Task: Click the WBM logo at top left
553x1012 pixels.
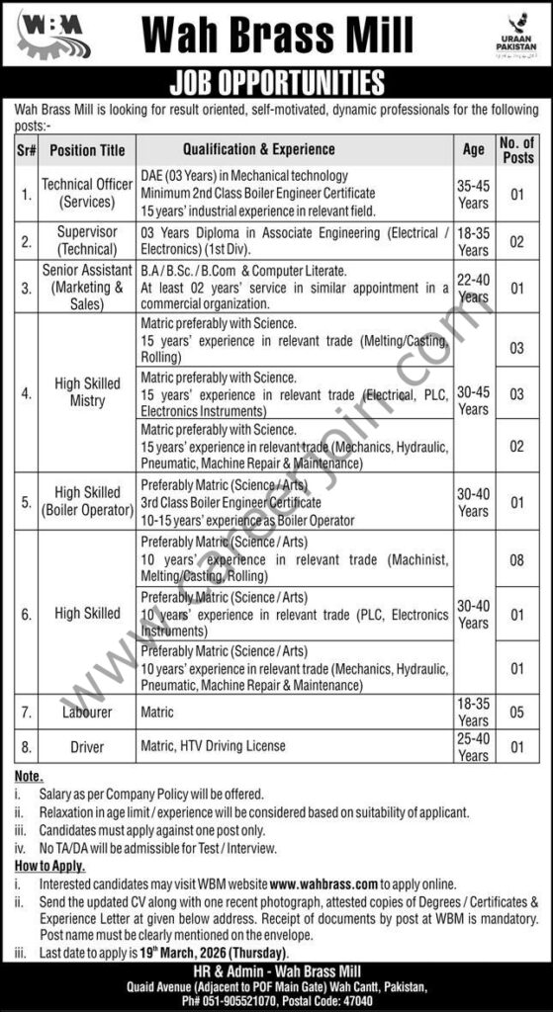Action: point(50,35)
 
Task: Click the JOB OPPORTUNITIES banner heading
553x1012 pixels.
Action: point(277,81)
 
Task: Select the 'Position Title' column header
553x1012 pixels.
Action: point(87,150)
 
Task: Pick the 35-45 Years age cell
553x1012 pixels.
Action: point(474,193)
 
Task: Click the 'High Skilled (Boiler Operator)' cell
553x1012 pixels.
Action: point(87,501)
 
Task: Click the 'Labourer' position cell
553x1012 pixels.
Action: point(87,711)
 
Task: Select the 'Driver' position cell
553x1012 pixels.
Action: point(87,747)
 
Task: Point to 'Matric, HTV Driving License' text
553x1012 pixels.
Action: point(218,747)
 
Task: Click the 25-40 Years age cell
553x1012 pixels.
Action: point(474,747)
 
